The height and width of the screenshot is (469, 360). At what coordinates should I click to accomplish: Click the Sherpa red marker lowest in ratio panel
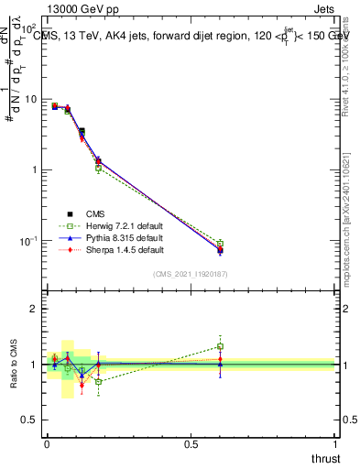pyautogui.click(x=82, y=385)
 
